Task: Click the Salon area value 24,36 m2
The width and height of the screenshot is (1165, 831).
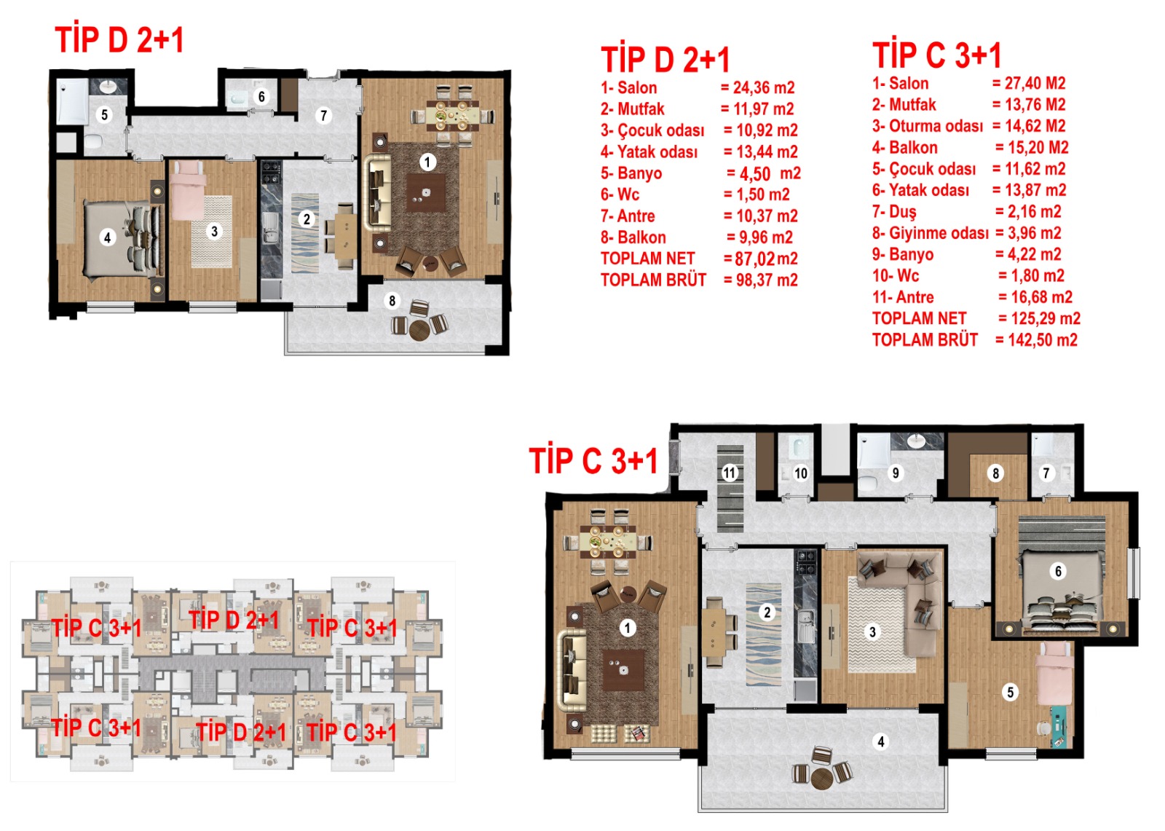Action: click(764, 87)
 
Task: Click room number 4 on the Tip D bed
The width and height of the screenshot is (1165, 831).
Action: click(107, 238)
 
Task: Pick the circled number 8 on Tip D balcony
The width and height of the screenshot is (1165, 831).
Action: click(392, 300)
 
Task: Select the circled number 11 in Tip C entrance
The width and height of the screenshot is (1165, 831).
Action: click(730, 473)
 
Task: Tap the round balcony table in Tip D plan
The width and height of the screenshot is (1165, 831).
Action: click(419, 329)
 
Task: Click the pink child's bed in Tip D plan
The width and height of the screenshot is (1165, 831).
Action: click(186, 190)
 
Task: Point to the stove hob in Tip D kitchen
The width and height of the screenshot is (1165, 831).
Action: click(271, 172)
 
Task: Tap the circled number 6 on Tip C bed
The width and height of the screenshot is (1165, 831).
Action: click(1058, 571)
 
